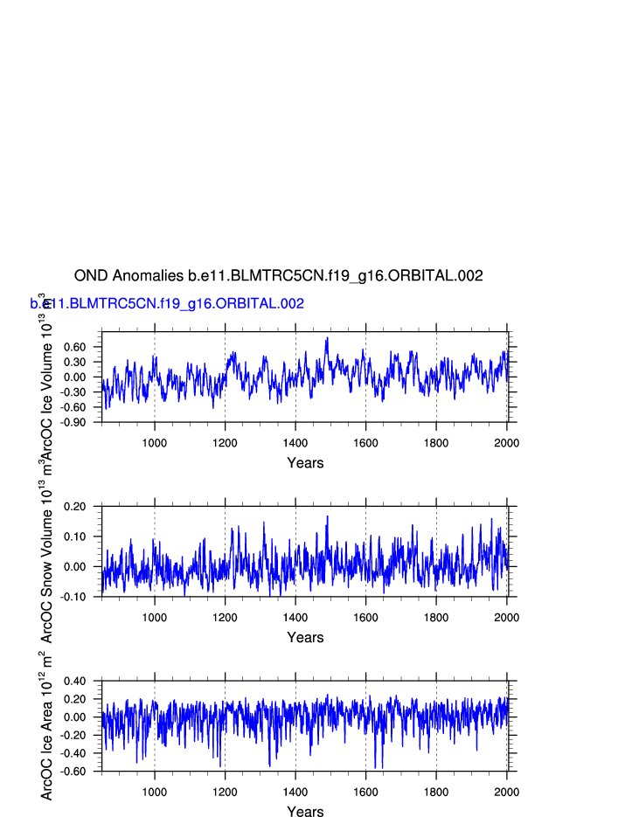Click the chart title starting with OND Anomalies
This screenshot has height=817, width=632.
pos(278,276)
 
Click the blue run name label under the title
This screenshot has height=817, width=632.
pos(167,304)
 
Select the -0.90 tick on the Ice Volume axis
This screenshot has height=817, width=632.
pos(73,422)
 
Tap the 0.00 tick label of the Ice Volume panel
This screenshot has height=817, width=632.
pos(74,377)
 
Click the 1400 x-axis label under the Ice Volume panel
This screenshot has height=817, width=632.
pos(295,443)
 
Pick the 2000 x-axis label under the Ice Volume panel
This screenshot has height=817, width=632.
pos(506,443)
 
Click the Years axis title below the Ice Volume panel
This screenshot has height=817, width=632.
pos(305,463)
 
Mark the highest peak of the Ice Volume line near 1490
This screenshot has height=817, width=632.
pos(327,338)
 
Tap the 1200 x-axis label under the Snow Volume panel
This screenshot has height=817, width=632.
pos(225,618)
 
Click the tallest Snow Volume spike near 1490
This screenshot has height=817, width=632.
pos(328,516)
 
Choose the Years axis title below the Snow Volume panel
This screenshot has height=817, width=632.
pos(305,638)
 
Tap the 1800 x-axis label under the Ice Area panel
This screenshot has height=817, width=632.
pos(436,793)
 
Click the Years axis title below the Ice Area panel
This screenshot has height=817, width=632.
pos(305,812)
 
